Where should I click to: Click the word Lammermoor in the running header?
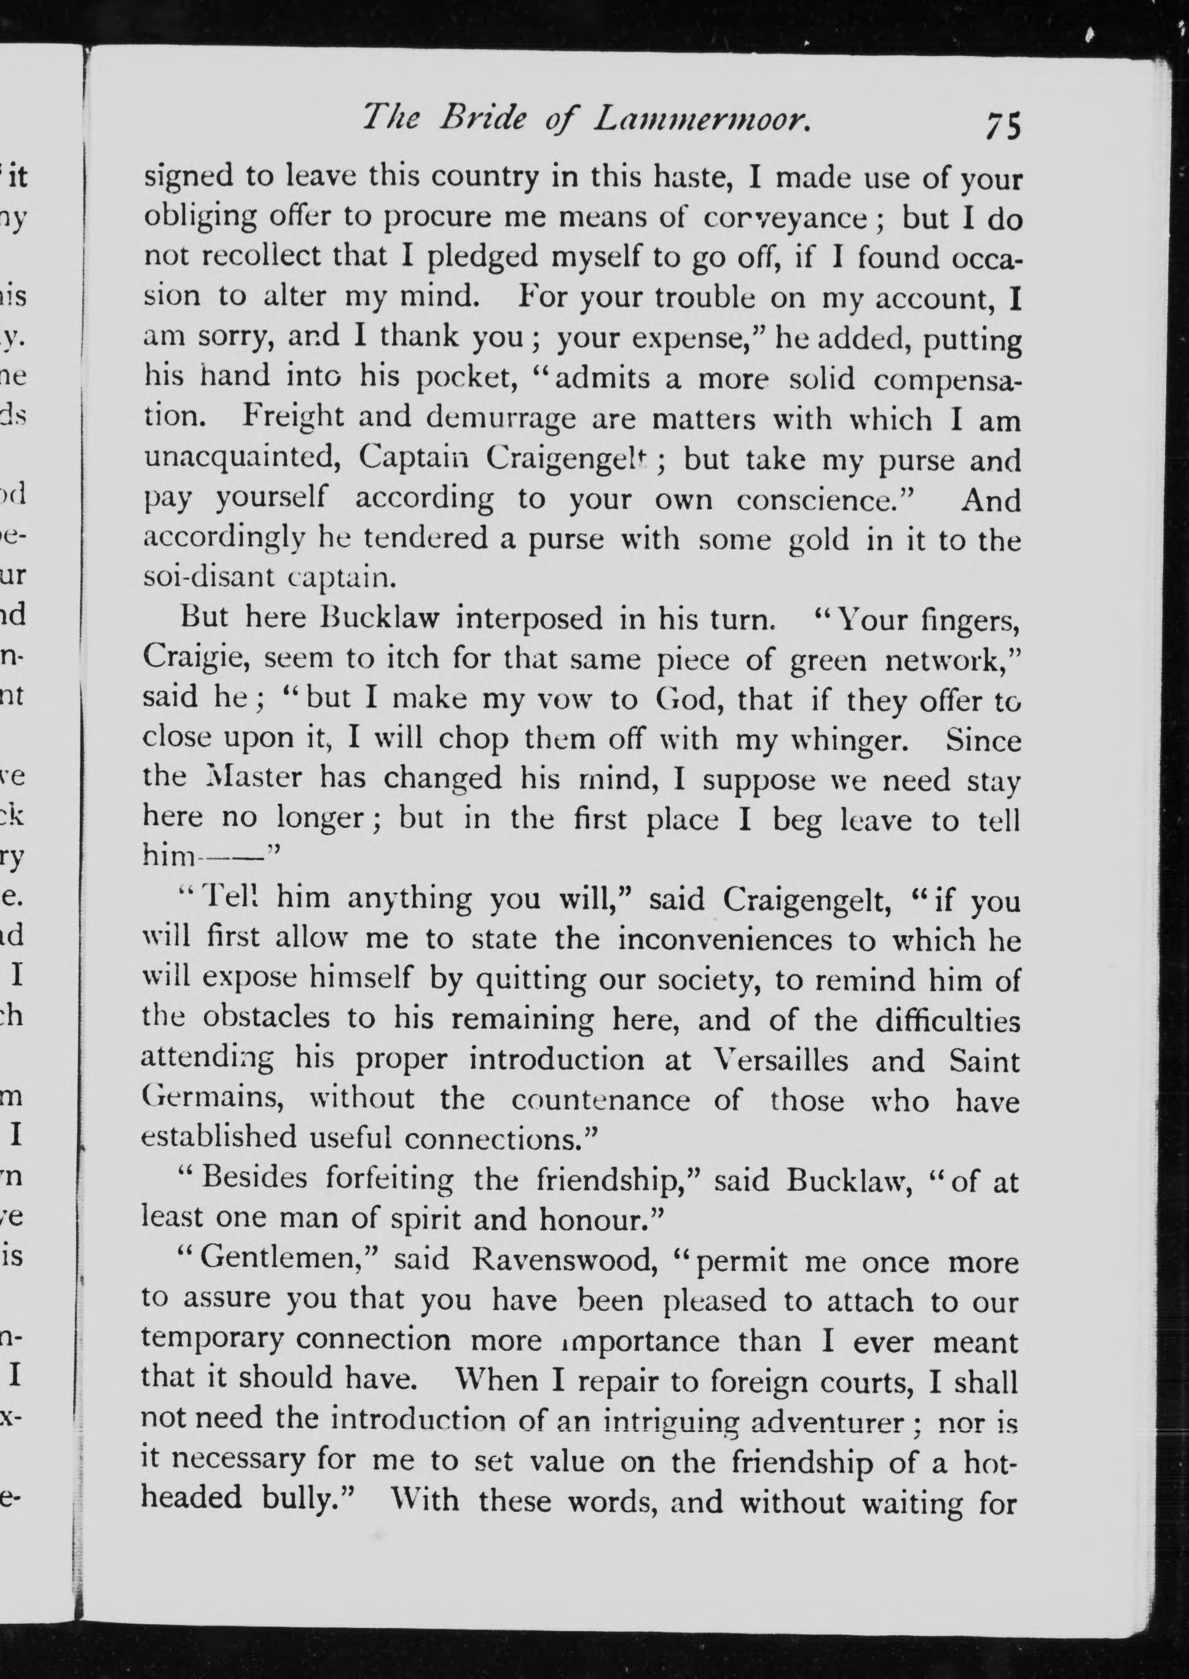click(x=700, y=119)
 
